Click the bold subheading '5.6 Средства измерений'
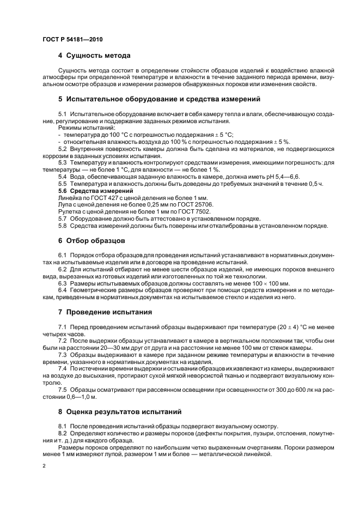[95, 191]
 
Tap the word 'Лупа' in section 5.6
[66, 205]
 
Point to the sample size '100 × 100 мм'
[269, 283]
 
